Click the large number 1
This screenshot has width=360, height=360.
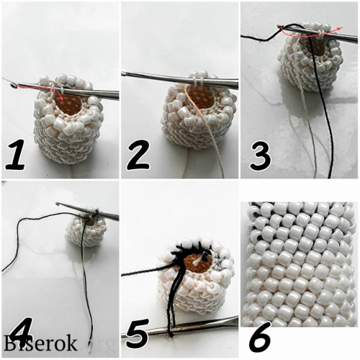pyautogui.click(x=15, y=156)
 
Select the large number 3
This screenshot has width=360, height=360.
pyautogui.click(x=261, y=156)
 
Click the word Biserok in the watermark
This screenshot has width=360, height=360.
pyautogui.click(x=40, y=343)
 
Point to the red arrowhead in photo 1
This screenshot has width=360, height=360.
pyautogui.click(x=62, y=99)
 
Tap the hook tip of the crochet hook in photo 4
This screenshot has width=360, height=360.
pyautogui.click(x=58, y=204)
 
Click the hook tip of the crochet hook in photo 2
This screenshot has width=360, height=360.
pyautogui.click(x=124, y=74)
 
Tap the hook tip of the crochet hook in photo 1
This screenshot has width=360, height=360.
pyautogui.click(x=12, y=85)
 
